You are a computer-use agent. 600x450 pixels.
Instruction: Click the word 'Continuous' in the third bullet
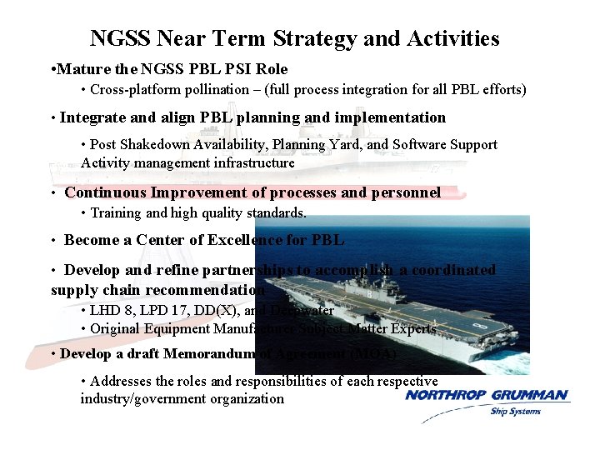tap(105, 192)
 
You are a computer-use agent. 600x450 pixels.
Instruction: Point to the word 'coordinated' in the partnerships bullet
tap(447, 270)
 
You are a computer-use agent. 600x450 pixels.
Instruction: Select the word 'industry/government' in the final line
tap(143, 398)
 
